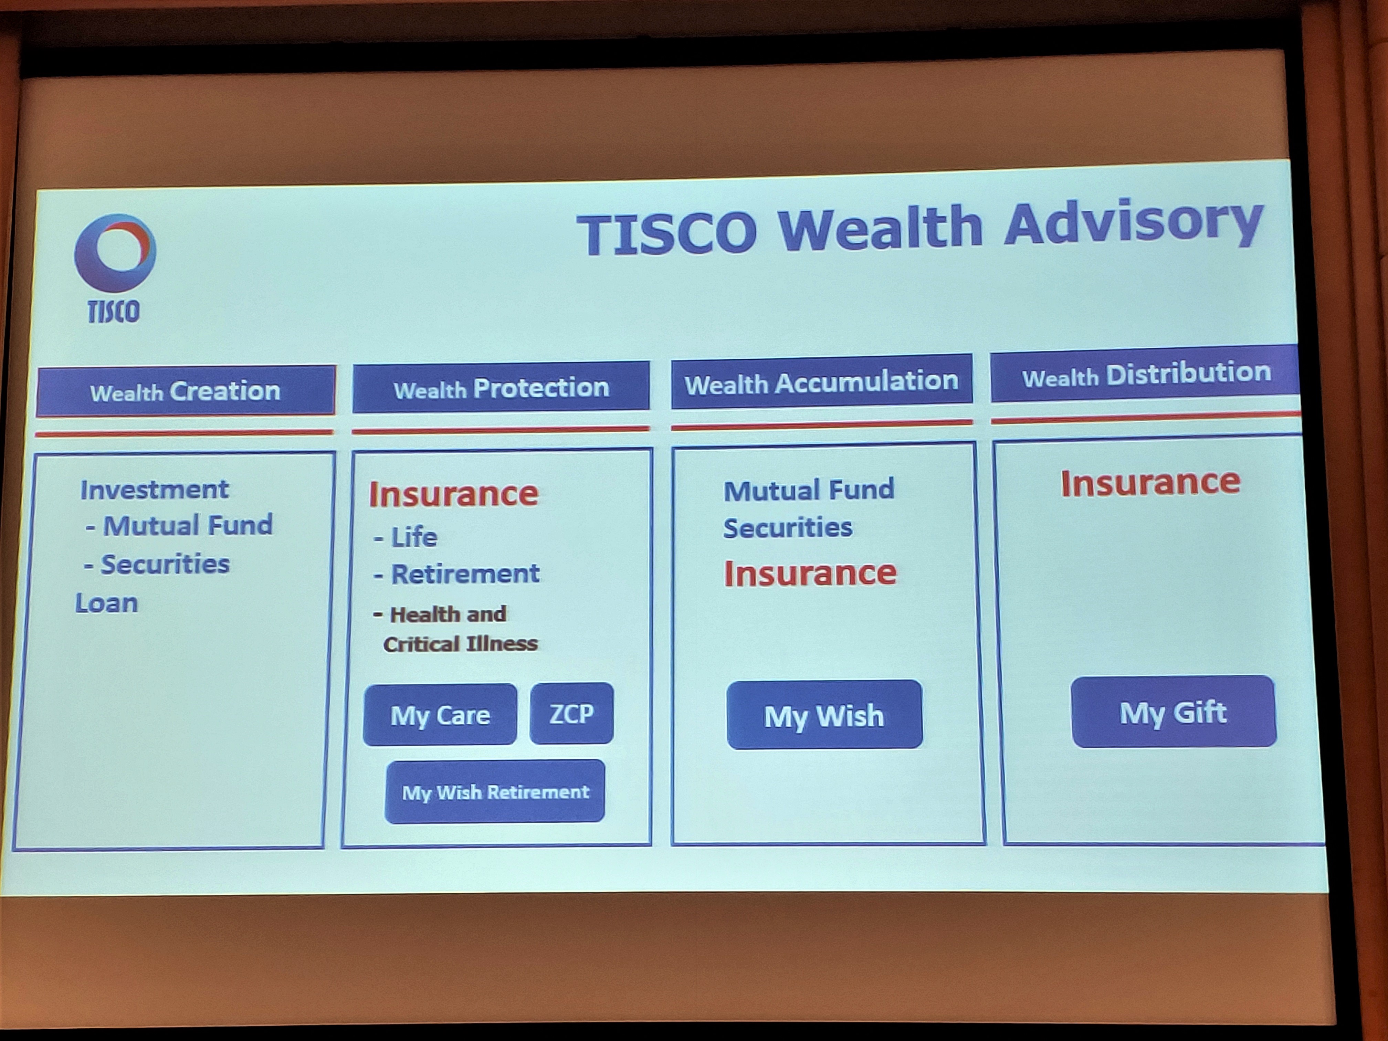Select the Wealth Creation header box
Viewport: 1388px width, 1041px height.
186,391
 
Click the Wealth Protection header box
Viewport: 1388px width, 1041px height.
501,387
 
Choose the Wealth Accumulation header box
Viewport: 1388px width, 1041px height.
821,381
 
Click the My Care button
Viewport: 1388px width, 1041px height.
440,715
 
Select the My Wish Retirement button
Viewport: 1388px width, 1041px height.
495,792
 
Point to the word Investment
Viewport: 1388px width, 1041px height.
154,490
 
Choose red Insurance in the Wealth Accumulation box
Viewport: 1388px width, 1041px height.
810,573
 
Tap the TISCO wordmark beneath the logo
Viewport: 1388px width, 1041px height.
114,311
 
